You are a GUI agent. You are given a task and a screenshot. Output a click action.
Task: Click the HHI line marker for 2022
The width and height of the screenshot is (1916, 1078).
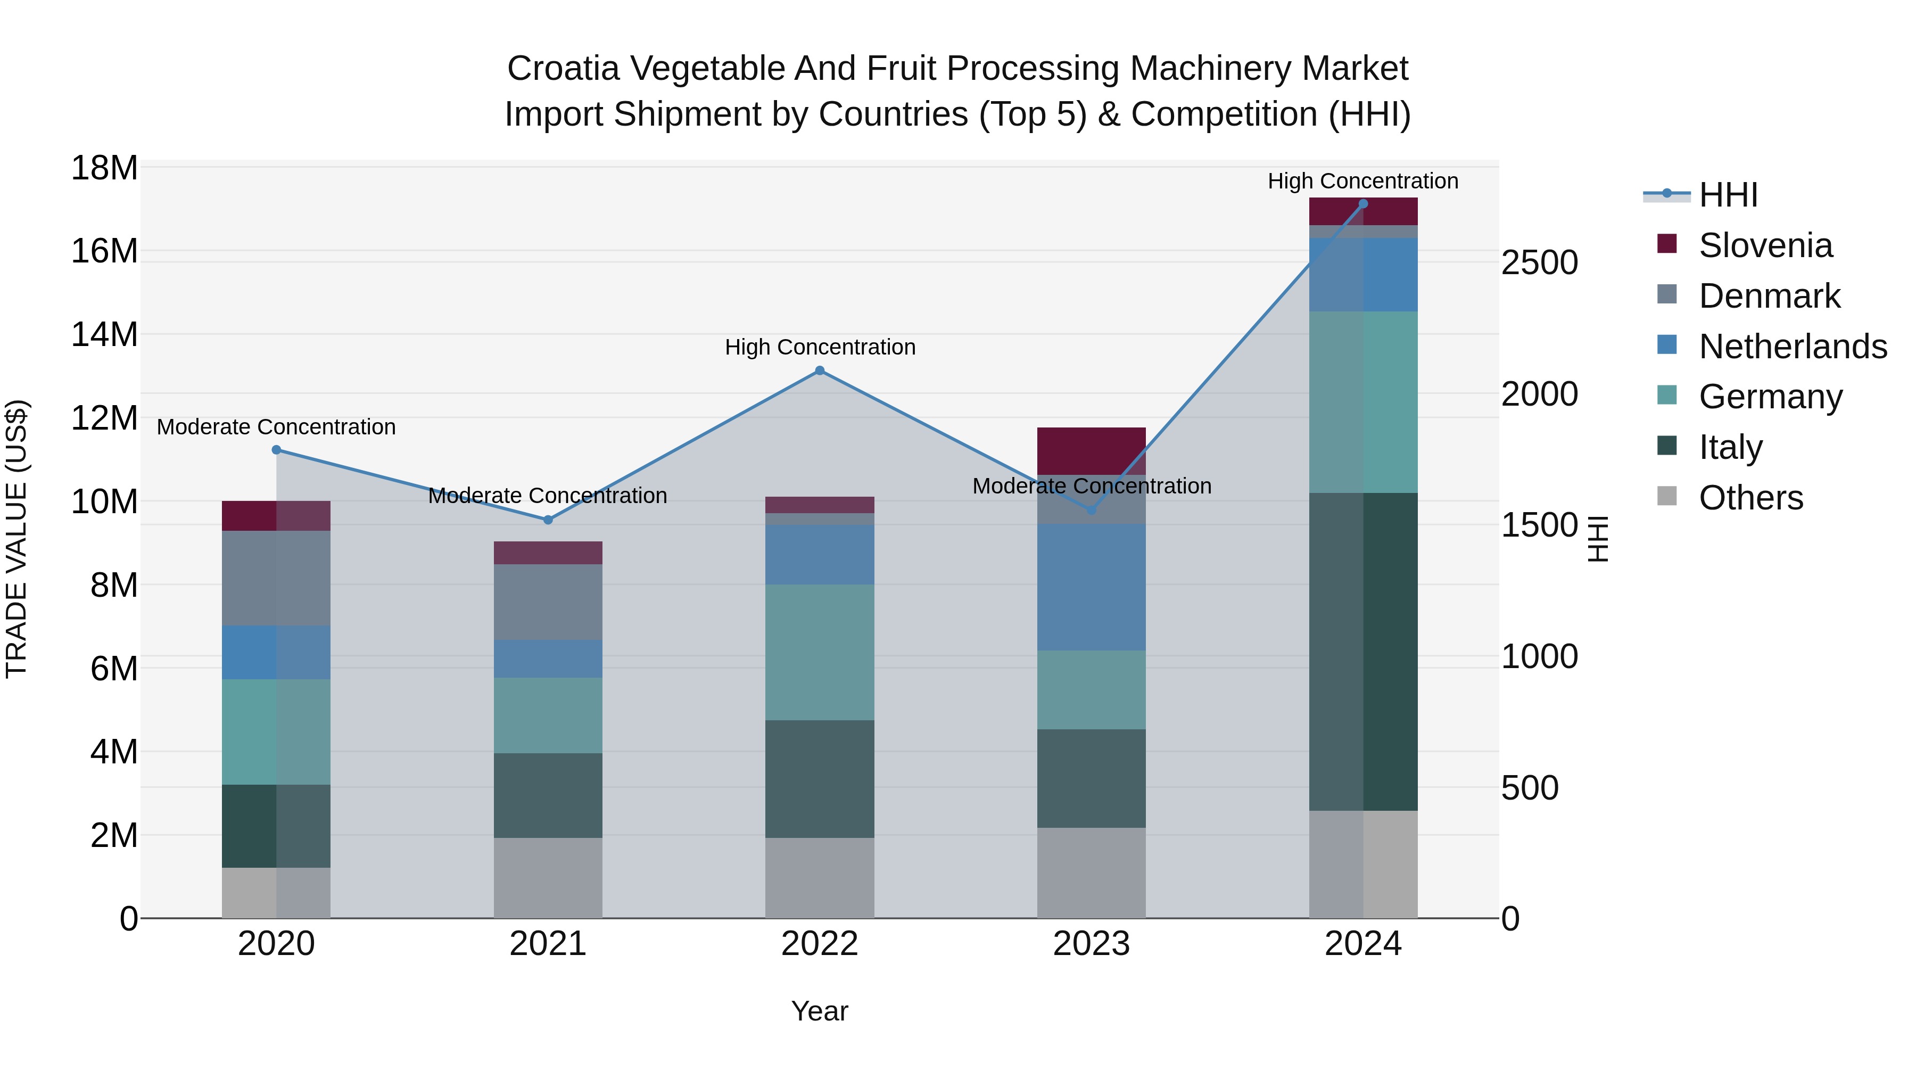tap(820, 371)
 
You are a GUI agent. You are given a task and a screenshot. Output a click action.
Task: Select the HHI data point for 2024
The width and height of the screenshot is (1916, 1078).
tap(1364, 204)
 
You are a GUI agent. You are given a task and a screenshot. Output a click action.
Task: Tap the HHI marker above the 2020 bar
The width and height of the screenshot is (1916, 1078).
tap(276, 450)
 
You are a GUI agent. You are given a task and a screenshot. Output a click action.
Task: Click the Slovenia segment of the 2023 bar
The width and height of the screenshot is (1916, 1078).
tap(1091, 451)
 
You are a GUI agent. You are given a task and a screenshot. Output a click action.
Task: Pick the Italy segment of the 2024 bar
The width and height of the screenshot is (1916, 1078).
tap(1364, 652)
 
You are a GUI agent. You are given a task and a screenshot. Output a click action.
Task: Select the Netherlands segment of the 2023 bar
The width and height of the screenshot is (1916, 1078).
tap(1091, 587)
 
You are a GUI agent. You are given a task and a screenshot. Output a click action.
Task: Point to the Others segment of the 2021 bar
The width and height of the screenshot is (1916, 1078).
tap(548, 878)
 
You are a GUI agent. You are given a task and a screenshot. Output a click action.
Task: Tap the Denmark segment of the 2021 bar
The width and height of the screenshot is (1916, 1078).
tap(548, 602)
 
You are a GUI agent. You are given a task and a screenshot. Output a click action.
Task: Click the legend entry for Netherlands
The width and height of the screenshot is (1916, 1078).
tap(1793, 347)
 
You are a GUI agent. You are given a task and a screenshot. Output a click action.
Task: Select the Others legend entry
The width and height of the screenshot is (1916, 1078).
tap(1751, 498)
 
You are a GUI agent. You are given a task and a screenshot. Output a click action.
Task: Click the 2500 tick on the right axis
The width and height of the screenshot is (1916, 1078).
tap(1539, 262)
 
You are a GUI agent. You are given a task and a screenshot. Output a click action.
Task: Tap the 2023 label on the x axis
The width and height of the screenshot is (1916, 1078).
tap(1091, 944)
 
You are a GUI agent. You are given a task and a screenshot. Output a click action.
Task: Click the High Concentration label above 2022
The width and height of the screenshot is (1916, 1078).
tap(820, 348)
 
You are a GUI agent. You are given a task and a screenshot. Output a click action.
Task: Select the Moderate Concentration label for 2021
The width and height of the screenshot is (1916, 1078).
tap(548, 496)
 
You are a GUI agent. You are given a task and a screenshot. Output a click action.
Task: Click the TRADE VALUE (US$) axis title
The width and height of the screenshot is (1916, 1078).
tap(16, 539)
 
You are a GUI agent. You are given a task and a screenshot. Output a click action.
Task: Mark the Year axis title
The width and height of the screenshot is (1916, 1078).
tap(820, 1011)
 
